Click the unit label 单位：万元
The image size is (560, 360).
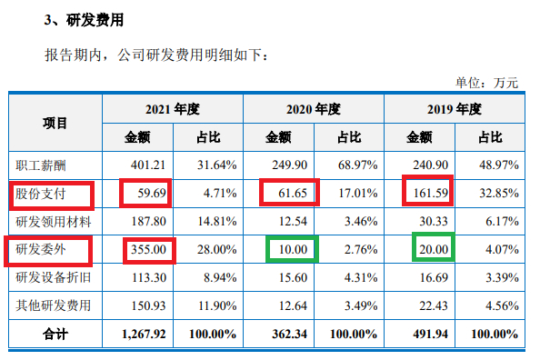486,83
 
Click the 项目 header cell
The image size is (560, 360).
55,123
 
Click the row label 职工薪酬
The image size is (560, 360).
42,165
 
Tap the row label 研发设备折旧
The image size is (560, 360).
55,276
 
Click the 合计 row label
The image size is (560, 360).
55,333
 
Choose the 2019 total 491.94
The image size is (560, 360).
431,333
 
